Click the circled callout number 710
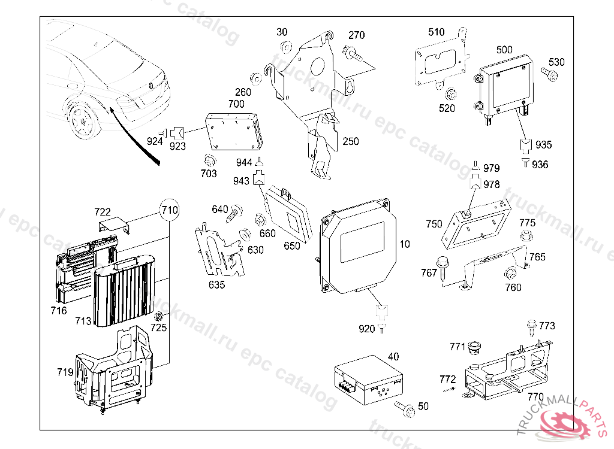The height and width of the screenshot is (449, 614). (170, 210)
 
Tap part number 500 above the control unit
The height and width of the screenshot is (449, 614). (504, 50)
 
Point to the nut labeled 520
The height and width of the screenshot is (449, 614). (450, 94)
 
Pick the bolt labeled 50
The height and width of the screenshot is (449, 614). (405, 409)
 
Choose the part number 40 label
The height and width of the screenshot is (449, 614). (393, 357)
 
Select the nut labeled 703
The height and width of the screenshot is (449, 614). (209, 160)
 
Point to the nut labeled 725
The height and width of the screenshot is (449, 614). (159, 316)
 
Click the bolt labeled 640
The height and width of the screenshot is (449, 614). (234, 212)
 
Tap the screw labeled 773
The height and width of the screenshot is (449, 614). (531, 327)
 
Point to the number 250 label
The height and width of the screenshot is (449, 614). (351, 141)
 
